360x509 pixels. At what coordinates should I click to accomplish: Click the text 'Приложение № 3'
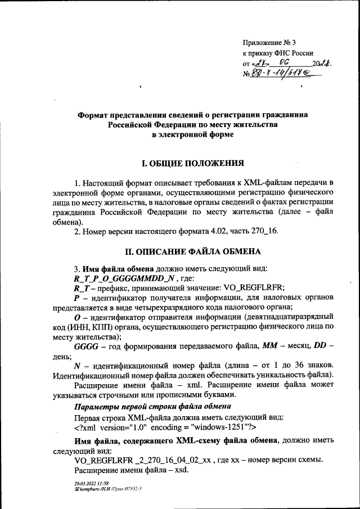point(272,43)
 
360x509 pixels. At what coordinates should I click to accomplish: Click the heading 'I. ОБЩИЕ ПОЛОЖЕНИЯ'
point(192,164)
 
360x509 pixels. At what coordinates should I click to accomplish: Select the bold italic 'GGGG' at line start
point(85,348)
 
